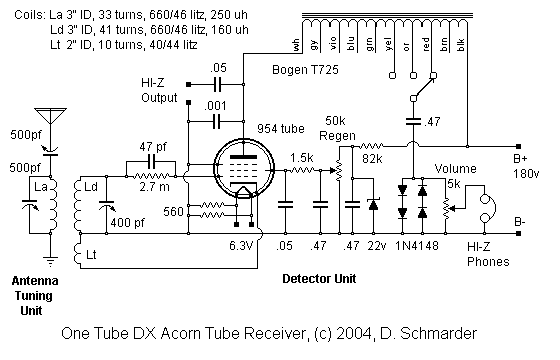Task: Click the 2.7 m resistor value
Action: click(x=154, y=187)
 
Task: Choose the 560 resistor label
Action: click(x=172, y=212)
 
